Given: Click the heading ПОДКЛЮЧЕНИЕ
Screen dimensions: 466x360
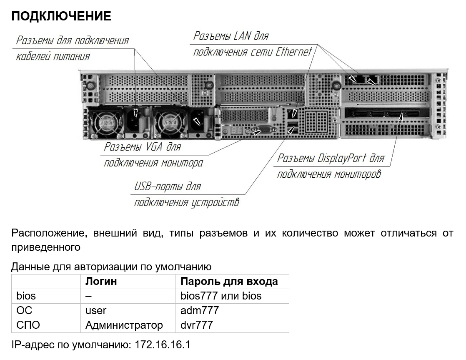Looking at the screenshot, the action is [61, 16].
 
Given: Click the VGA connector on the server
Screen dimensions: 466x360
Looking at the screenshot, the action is [263, 130].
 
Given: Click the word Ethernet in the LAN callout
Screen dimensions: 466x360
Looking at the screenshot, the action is [294, 52].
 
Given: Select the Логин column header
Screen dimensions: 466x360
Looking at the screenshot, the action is [101, 281].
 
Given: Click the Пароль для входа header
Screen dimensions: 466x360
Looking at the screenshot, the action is [229, 281].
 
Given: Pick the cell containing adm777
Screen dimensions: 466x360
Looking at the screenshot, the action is [232, 311].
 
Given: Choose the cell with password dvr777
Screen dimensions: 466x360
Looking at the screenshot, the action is [232, 325].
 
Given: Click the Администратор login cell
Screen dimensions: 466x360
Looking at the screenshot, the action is [128, 325].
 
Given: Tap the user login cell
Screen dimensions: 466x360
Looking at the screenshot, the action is [128, 311].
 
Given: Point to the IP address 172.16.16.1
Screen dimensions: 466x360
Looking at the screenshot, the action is [162, 345].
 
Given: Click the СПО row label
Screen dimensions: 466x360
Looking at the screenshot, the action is [28, 325].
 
